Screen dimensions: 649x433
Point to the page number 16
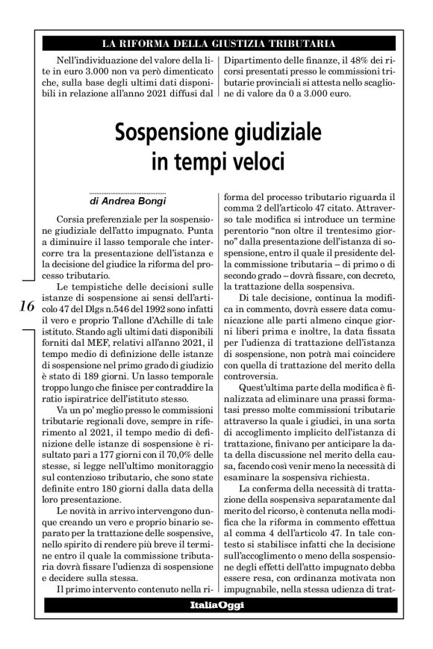click(x=28, y=305)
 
